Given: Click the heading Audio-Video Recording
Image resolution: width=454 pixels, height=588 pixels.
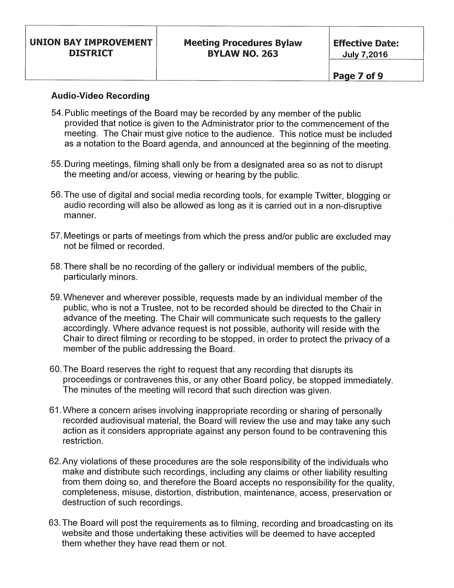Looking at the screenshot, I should tap(100, 96).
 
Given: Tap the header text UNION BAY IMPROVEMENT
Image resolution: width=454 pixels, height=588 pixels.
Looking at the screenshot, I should tap(91, 43).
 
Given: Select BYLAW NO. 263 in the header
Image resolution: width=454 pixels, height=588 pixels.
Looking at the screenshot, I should tap(243, 54).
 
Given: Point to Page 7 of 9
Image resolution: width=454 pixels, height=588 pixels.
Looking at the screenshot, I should tap(358, 76).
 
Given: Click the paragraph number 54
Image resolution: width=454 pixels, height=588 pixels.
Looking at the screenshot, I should tap(57, 114).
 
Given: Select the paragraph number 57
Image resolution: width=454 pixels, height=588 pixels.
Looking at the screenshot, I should tap(57, 237).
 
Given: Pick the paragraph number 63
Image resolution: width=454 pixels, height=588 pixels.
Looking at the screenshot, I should tap(55, 524).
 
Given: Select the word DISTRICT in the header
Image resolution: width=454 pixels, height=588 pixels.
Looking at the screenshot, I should tap(91, 53).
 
